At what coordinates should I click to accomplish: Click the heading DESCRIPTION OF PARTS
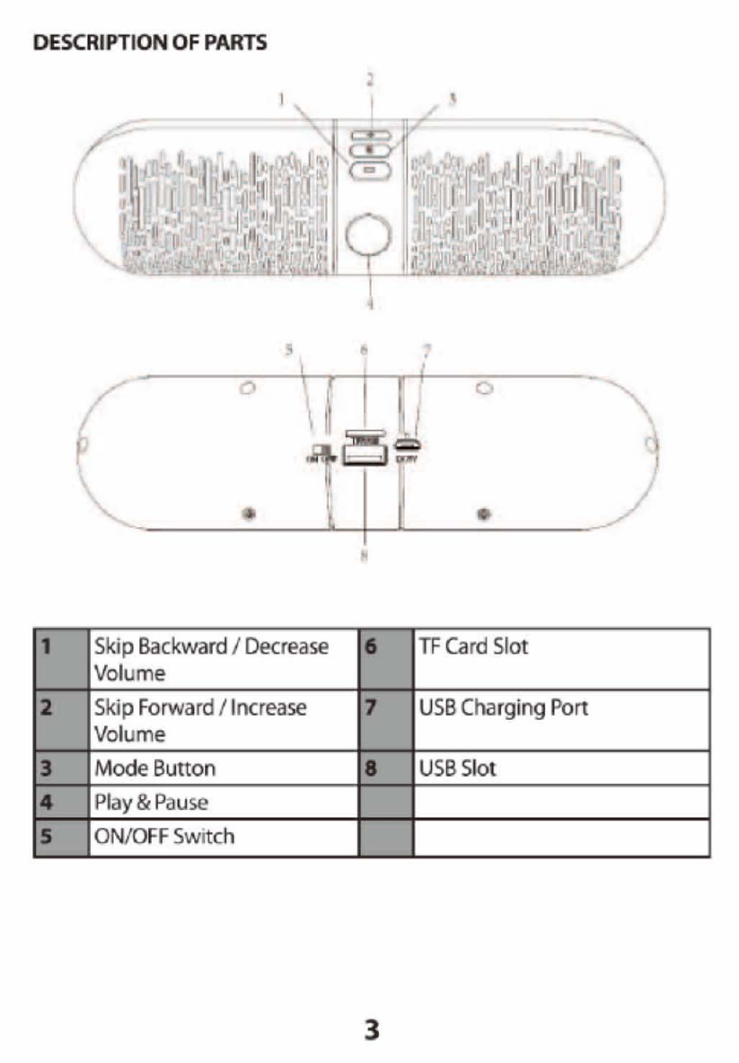150,43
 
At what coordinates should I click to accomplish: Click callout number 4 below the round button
369,303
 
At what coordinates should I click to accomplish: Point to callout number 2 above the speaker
368,79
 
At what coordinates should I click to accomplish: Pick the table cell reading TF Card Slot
561,658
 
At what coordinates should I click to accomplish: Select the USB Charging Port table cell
561,720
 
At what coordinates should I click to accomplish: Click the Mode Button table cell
223,769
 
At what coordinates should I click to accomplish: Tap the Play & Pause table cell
223,802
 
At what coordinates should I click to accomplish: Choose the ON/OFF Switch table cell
223,837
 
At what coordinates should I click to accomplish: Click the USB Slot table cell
561,769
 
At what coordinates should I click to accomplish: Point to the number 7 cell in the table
386,720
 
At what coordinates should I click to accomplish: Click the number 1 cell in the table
61,658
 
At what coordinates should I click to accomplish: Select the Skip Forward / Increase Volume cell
223,720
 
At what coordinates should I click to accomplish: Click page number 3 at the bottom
370,1029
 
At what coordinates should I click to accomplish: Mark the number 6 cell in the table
386,658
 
